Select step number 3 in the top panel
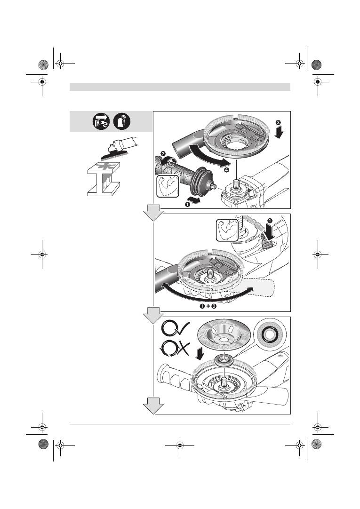pos(279,123)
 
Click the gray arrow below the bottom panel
pos(153,405)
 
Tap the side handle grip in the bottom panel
pos(175,374)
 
